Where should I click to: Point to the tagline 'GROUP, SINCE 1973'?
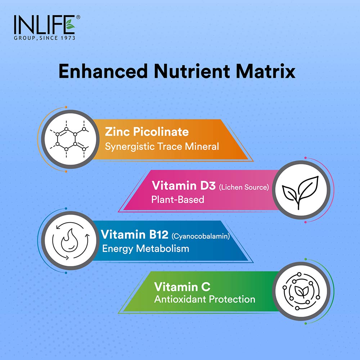(44, 38)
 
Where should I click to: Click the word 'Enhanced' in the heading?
(103, 71)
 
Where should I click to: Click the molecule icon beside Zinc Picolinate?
(69, 138)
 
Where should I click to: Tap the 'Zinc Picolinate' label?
(147, 132)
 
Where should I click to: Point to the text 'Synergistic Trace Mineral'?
(162, 147)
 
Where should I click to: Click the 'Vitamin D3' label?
(183, 186)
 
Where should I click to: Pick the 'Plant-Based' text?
(178, 199)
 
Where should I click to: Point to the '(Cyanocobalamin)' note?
(201, 237)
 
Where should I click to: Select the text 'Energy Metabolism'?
(145, 248)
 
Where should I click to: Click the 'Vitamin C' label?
(183, 287)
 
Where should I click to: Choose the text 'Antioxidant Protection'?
(204, 299)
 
